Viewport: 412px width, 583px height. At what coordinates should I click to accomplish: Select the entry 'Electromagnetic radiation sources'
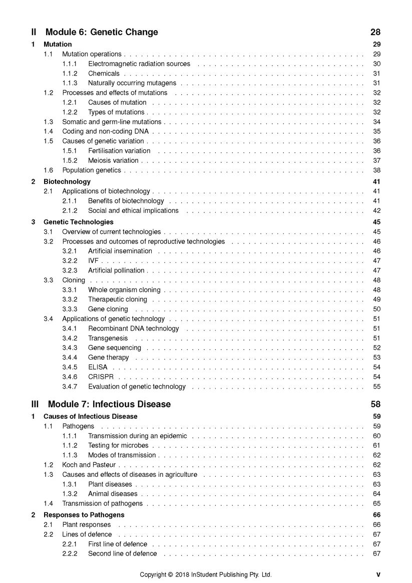(x=139, y=64)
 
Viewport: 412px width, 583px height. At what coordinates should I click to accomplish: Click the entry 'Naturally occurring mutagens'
(x=132, y=83)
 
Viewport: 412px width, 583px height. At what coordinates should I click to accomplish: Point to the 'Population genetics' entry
(x=92, y=170)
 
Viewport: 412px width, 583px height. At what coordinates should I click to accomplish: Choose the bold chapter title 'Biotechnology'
(x=67, y=182)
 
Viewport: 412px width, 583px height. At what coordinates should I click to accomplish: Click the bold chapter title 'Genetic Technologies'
(x=79, y=222)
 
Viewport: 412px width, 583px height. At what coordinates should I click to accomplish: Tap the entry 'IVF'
(x=94, y=261)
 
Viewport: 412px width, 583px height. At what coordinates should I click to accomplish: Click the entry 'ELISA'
(x=98, y=367)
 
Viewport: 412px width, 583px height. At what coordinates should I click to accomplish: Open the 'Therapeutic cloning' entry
(x=118, y=300)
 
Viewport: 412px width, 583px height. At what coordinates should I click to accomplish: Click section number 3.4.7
(x=70, y=387)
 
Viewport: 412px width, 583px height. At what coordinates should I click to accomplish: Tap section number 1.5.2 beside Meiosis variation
(x=70, y=161)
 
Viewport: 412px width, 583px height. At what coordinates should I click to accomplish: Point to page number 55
(x=377, y=387)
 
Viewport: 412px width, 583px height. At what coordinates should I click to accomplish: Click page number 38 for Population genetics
(x=377, y=170)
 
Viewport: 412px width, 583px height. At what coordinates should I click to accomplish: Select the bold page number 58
(x=375, y=404)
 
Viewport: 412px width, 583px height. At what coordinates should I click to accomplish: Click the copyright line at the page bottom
(x=205, y=574)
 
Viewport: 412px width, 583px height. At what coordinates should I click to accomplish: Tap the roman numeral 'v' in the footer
(x=378, y=574)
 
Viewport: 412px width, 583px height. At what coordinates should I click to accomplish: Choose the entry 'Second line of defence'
(x=122, y=553)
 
